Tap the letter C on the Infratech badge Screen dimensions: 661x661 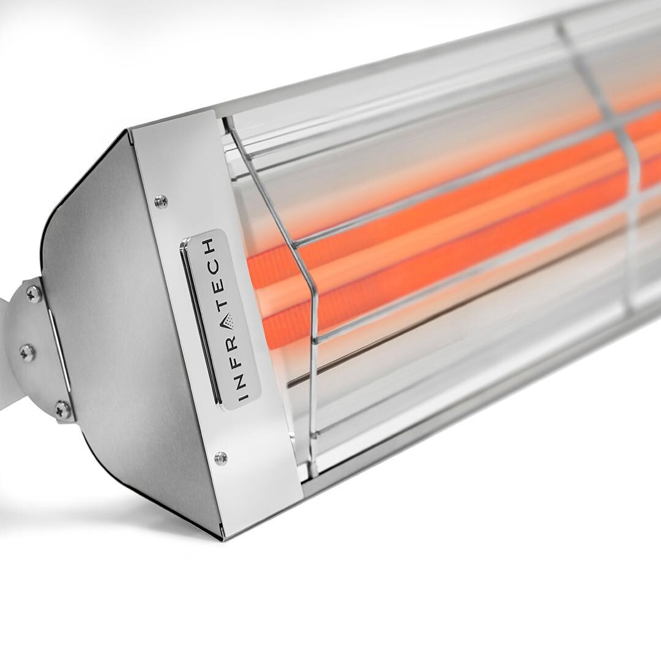click(x=214, y=264)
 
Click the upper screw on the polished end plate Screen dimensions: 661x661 click(x=161, y=200)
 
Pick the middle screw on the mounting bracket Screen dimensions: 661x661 click(x=28, y=352)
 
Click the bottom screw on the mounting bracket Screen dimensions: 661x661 click(x=63, y=408)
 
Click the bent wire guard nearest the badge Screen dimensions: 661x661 click(x=306, y=294)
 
